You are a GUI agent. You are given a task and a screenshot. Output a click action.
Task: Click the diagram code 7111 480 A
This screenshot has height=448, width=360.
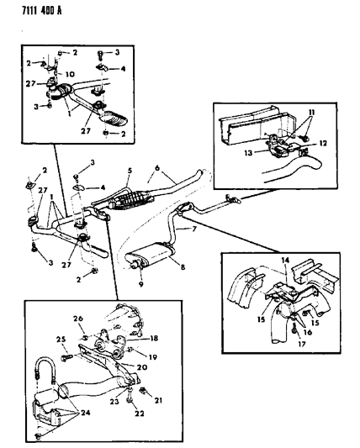point(42,11)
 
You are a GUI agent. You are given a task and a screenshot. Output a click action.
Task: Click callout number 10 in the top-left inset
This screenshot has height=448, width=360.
point(70,74)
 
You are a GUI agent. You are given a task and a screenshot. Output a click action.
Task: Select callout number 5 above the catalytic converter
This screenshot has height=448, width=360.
point(130,171)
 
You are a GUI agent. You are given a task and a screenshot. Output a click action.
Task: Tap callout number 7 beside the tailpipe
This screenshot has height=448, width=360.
point(194,229)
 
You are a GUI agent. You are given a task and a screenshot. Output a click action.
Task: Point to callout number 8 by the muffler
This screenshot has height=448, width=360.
point(183,266)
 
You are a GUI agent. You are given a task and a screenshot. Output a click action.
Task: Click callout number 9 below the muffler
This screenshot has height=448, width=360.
point(141,285)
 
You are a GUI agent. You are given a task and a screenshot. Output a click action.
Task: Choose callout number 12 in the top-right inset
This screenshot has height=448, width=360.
point(322,143)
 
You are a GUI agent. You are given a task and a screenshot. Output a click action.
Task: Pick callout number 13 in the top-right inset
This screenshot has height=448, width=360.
point(248,153)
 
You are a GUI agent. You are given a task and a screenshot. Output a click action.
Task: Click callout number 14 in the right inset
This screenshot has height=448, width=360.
point(285,261)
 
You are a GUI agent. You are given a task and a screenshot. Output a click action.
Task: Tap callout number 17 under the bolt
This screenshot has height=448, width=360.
point(301,344)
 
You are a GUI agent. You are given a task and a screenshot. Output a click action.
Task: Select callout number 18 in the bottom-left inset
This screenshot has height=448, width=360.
point(154,338)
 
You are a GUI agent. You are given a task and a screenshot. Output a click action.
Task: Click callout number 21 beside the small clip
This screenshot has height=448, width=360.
point(158,401)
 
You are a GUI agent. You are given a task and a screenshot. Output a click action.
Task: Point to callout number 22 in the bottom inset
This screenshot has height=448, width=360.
point(140,414)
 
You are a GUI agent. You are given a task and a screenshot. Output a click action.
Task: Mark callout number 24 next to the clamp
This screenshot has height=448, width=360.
point(85,413)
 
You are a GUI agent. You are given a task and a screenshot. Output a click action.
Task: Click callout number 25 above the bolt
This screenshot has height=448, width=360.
point(61,340)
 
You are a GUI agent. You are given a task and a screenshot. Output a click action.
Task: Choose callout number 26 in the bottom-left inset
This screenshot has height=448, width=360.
point(78,319)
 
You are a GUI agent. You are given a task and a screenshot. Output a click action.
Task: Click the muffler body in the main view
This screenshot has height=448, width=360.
point(150,256)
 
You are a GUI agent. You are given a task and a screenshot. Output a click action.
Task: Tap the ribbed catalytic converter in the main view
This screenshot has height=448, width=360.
point(130,198)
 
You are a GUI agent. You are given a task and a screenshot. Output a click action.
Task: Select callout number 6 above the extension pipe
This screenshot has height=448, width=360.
point(157,168)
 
